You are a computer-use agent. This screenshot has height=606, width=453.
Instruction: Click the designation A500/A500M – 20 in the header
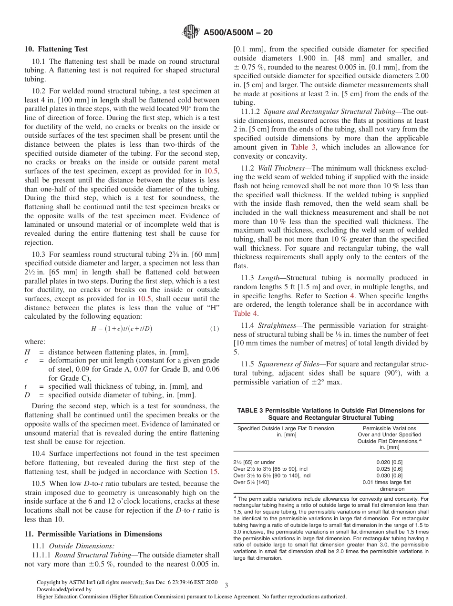click(238, 33)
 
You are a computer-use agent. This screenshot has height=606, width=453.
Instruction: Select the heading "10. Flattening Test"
click(56, 49)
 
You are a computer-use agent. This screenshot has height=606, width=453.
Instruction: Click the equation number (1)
click(215, 328)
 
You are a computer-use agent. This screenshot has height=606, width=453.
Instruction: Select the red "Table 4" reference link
click(246, 313)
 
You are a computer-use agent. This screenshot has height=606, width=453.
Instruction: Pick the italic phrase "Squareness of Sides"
click(288, 364)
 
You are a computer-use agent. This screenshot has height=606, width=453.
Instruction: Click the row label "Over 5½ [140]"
click(251, 482)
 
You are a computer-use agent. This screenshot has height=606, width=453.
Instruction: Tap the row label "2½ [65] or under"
click(254, 462)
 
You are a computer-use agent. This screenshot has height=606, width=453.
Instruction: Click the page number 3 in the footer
click(226, 585)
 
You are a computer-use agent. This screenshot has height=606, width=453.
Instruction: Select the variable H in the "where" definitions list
click(27, 352)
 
